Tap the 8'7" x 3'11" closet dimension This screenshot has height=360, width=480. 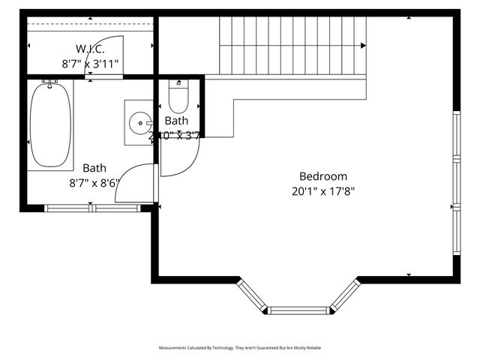90,64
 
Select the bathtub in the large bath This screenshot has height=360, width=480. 50,125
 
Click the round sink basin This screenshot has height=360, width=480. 139,123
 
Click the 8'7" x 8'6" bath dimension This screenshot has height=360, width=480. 94,181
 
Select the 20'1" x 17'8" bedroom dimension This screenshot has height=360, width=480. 322,190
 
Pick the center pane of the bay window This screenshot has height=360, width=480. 300,310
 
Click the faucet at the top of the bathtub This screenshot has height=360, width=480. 50,82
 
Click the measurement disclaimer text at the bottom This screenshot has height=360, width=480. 239,348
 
